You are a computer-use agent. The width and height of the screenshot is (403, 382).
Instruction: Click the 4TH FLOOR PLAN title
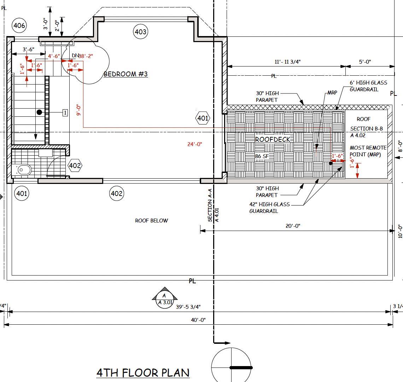[x=143, y=372]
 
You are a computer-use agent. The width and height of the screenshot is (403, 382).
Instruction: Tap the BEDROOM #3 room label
[x=125, y=74]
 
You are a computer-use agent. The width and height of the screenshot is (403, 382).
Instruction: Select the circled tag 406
[x=19, y=25]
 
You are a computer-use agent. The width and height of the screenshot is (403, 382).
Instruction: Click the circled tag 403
[x=140, y=32]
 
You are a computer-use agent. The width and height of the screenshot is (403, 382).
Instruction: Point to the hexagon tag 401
[x=203, y=118]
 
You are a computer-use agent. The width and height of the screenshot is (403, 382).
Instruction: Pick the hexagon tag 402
[x=75, y=166]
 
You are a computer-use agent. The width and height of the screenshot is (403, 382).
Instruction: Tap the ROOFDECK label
[x=273, y=139]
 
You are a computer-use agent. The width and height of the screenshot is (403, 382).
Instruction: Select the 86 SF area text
[x=262, y=156]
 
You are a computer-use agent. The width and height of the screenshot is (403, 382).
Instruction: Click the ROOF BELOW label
[x=151, y=221]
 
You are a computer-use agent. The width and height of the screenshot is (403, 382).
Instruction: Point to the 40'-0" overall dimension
[x=198, y=320]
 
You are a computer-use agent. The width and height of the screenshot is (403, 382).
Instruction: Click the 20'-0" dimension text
[x=293, y=226]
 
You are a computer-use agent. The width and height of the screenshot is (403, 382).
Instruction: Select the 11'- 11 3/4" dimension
[x=287, y=62]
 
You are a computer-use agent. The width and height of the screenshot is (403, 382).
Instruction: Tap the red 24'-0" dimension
[x=194, y=144]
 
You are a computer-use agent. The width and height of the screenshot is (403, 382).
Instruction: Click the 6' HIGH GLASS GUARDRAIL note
[x=368, y=86]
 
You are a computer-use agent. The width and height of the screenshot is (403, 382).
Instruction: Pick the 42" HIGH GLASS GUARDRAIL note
[x=269, y=208]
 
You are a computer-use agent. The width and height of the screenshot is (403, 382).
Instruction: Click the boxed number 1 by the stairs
[x=65, y=112]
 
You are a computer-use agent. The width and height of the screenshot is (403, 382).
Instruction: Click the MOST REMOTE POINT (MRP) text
[x=368, y=151]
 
